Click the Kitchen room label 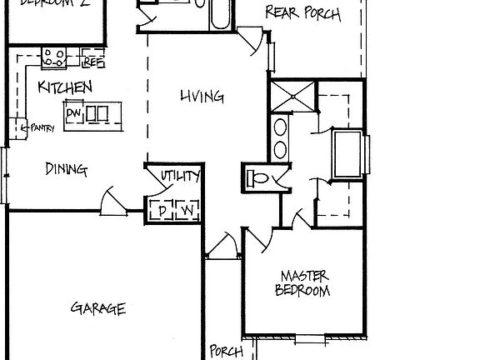pos(64,87)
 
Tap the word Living pos(202,97)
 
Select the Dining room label pos(65,169)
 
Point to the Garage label pos(97,308)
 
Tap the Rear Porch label pos(302,12)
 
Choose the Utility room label pos(180,176)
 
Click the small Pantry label pos(41,127)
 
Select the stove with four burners pos(55,57)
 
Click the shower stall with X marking pos(292,97)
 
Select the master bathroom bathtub pos(347,155)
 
